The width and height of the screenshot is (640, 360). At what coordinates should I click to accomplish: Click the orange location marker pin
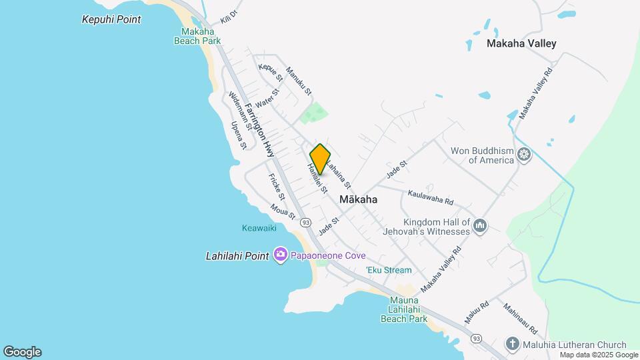click(320, 159)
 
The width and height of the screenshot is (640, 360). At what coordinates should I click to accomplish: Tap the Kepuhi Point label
click(111, 19)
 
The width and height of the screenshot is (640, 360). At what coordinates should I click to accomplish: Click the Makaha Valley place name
click(521, 44)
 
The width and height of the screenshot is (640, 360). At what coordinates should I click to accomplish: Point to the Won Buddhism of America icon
click(525, 155)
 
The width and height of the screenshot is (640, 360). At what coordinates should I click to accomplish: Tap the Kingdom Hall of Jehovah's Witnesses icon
click(480, 227)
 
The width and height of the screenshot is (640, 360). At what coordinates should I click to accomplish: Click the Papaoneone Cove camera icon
click(281, 255)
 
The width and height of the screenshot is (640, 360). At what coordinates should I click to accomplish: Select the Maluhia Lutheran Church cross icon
click(512, 344)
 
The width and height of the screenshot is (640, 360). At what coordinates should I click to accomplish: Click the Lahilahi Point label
click(237, 255)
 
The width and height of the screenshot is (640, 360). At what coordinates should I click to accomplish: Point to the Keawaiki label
click(259, 228)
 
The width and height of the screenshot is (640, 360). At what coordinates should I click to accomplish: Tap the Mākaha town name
click(358, 199)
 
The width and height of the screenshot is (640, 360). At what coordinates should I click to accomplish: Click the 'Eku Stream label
click(389, 270)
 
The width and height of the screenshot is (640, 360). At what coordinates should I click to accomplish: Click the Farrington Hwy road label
click(259, 130)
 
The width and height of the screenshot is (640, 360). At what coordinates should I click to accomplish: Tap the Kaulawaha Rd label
click(431, 196)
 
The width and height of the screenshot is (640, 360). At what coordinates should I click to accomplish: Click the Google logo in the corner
click(22, 352)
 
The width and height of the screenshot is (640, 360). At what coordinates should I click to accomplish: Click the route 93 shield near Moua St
click(305, 221)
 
